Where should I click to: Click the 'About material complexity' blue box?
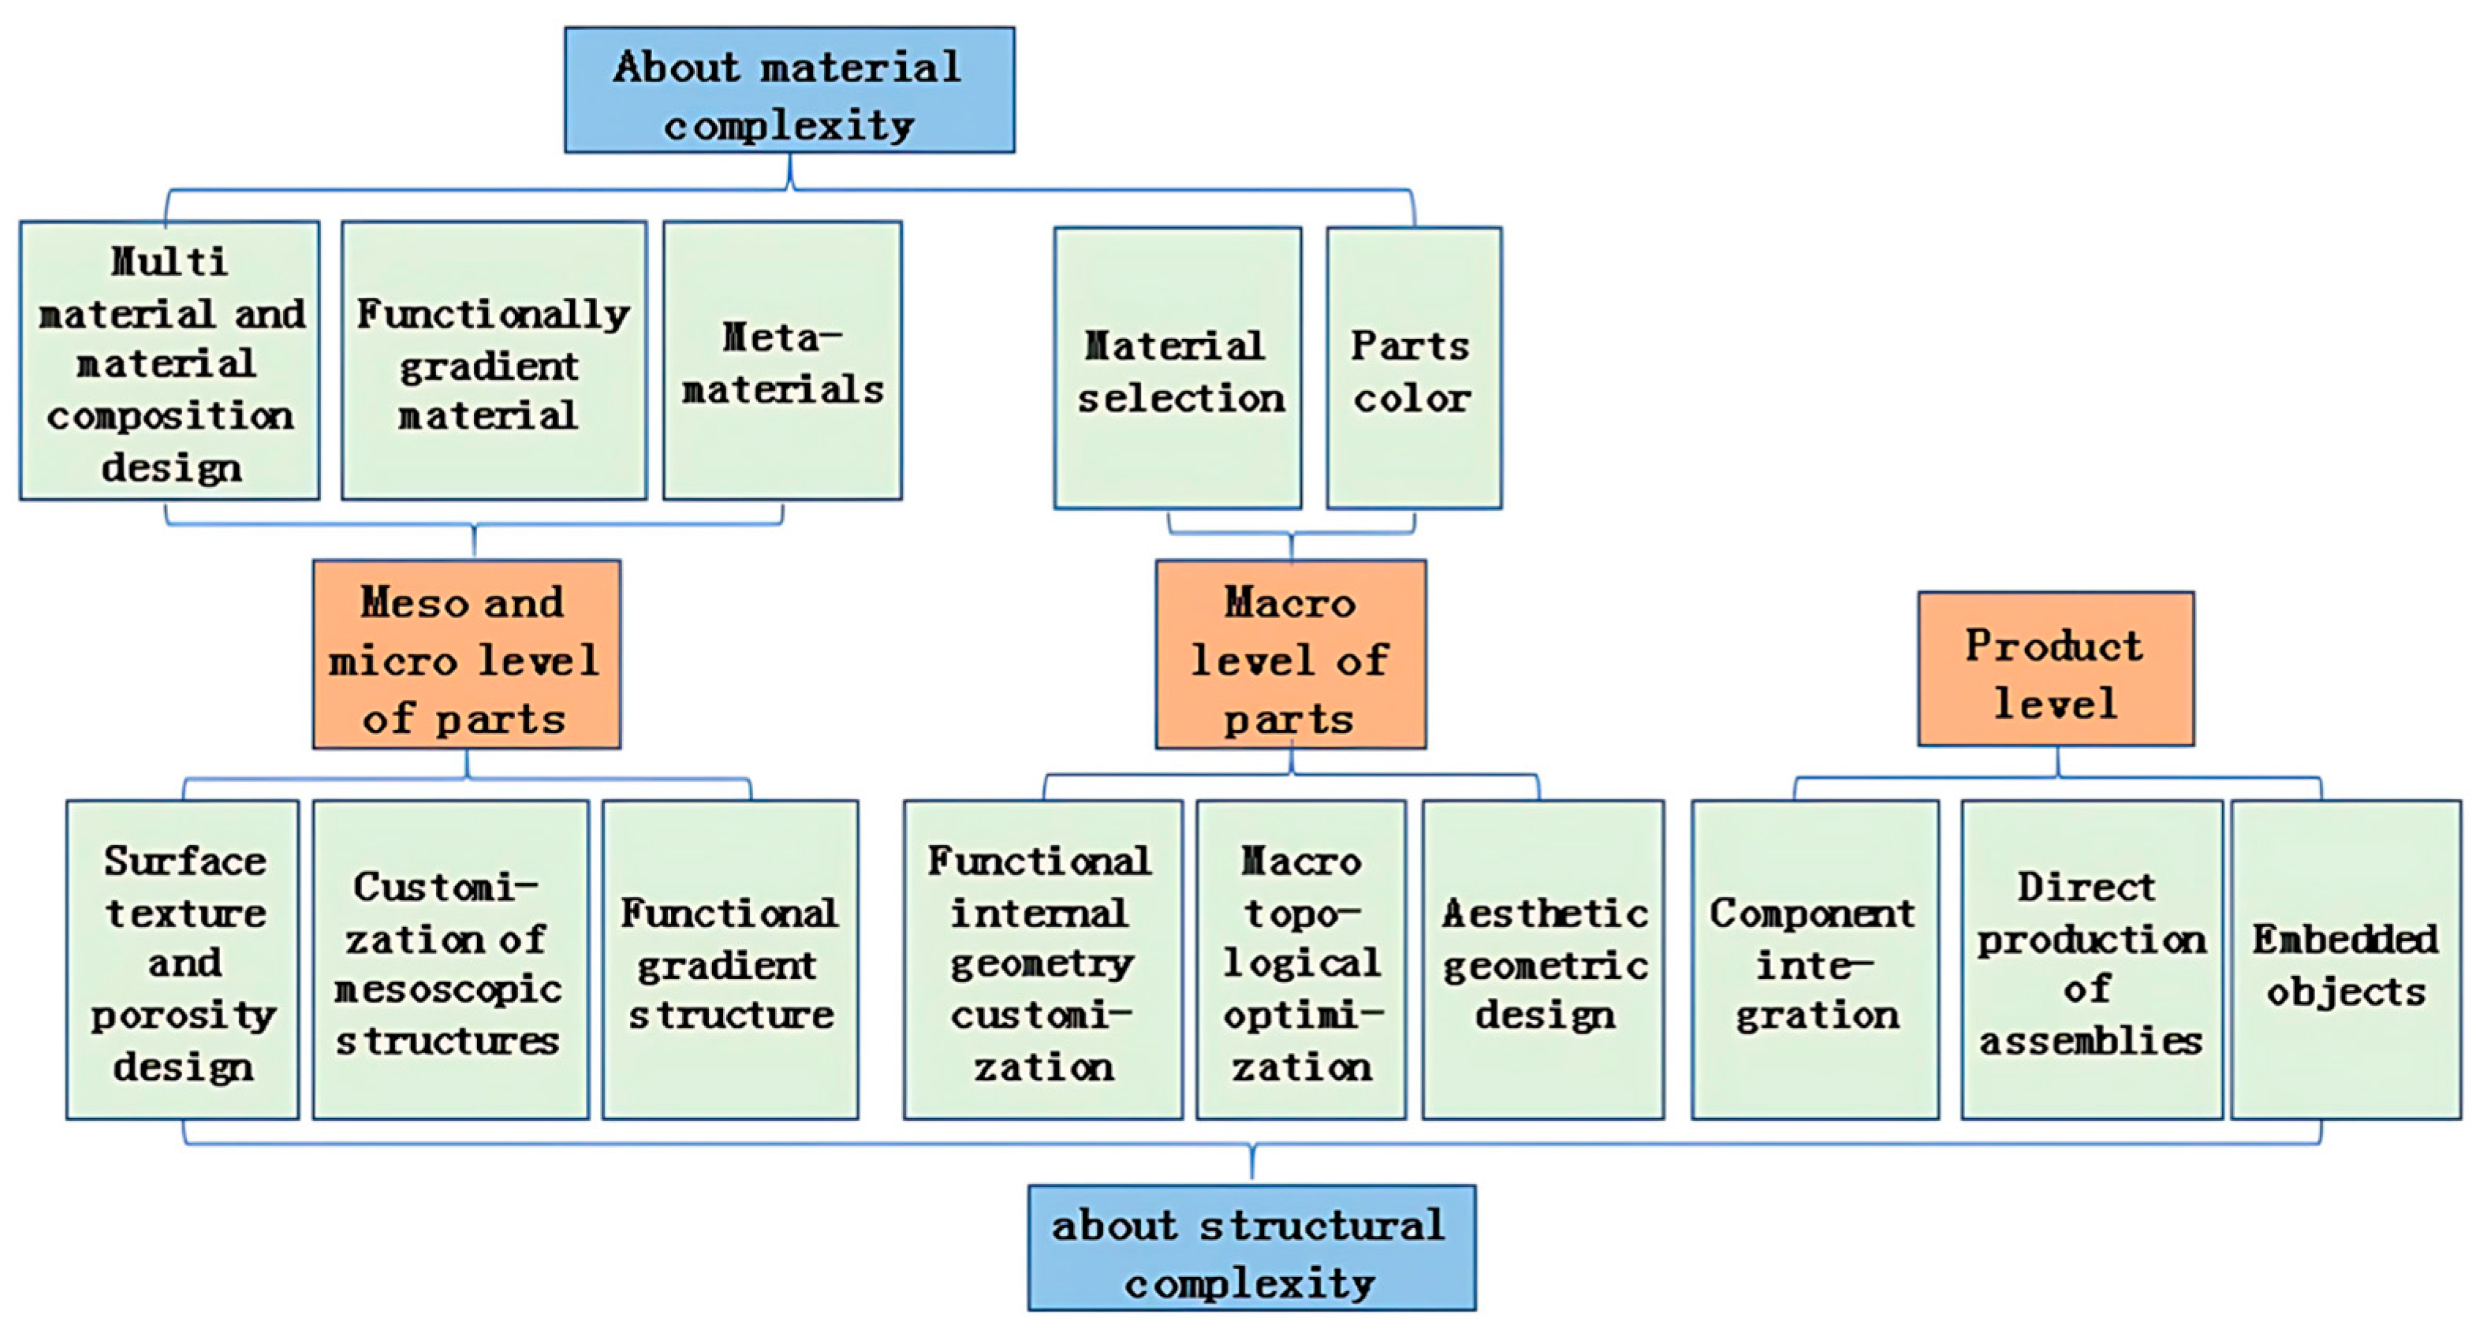coord(789,91)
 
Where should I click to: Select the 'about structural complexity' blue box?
coord(1251,1247)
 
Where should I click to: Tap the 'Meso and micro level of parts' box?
coord(466,654)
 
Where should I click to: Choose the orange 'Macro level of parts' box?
coord(1290,654)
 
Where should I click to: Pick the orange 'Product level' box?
coord(2055,668)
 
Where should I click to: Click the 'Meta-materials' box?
coord(781,361)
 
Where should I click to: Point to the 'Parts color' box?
coord(1413,369)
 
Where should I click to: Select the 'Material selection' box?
coord(1177,369)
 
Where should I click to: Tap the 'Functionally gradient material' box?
coord(493,361)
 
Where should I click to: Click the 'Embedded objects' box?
coord(2345,960)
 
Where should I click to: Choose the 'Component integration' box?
coord(1814,960)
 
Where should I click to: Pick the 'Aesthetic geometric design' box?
coord(1542,960)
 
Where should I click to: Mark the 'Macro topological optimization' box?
coord(1300,960)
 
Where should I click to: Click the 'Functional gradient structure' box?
coord(729,960)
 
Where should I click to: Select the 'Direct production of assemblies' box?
coord(2090,960)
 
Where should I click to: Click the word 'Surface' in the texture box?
coord(185,860)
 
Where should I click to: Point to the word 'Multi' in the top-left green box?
coord(170,260)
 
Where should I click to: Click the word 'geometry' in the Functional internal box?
coord(1042,963)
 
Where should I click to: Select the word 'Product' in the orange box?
coord(2053,645)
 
